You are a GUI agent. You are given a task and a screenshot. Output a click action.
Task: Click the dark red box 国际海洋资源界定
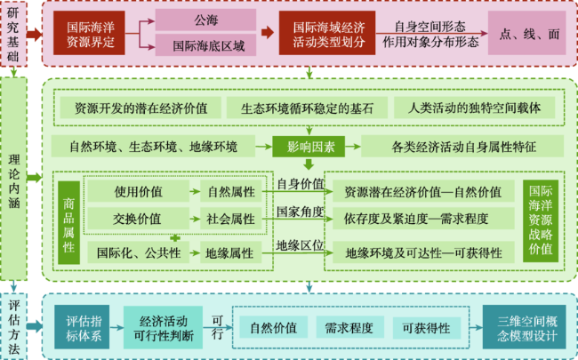click(89, 33)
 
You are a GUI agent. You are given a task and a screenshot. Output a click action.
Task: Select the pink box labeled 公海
click(205, 20)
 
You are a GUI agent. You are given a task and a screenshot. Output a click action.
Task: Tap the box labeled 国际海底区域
click(205, 45)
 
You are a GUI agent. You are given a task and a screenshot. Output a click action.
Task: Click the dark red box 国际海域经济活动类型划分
click(327, 33)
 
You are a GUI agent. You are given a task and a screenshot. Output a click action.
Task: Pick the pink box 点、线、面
click(527, 33)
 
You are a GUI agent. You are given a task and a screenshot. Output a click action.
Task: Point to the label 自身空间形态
click(429, 27)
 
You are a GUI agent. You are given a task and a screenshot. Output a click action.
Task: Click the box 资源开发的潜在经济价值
click(140, 108)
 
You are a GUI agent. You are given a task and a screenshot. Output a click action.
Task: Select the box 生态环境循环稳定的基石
click(307, 108)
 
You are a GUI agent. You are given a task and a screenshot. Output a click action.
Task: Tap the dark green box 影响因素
click(309, 147)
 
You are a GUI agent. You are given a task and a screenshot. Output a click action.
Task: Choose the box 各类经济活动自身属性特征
click(462, 147)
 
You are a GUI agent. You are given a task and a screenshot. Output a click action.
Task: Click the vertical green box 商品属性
click(69, 222)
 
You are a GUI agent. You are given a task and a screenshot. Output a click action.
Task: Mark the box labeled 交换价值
click(138, 219)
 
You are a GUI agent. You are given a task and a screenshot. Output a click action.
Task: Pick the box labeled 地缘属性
click(231, 252)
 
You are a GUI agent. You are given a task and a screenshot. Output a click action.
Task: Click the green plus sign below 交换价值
click(175, 238)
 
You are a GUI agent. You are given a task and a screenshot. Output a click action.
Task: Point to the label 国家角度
click(300, 212)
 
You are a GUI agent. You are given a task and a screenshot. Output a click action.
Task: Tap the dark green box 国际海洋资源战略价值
click(541, 221)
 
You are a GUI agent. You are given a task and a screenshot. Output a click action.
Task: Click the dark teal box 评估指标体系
click(82, 327)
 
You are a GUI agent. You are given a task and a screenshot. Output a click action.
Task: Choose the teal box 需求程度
click(349, 327)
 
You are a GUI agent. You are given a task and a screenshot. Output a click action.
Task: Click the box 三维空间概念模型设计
click(524, 327)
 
